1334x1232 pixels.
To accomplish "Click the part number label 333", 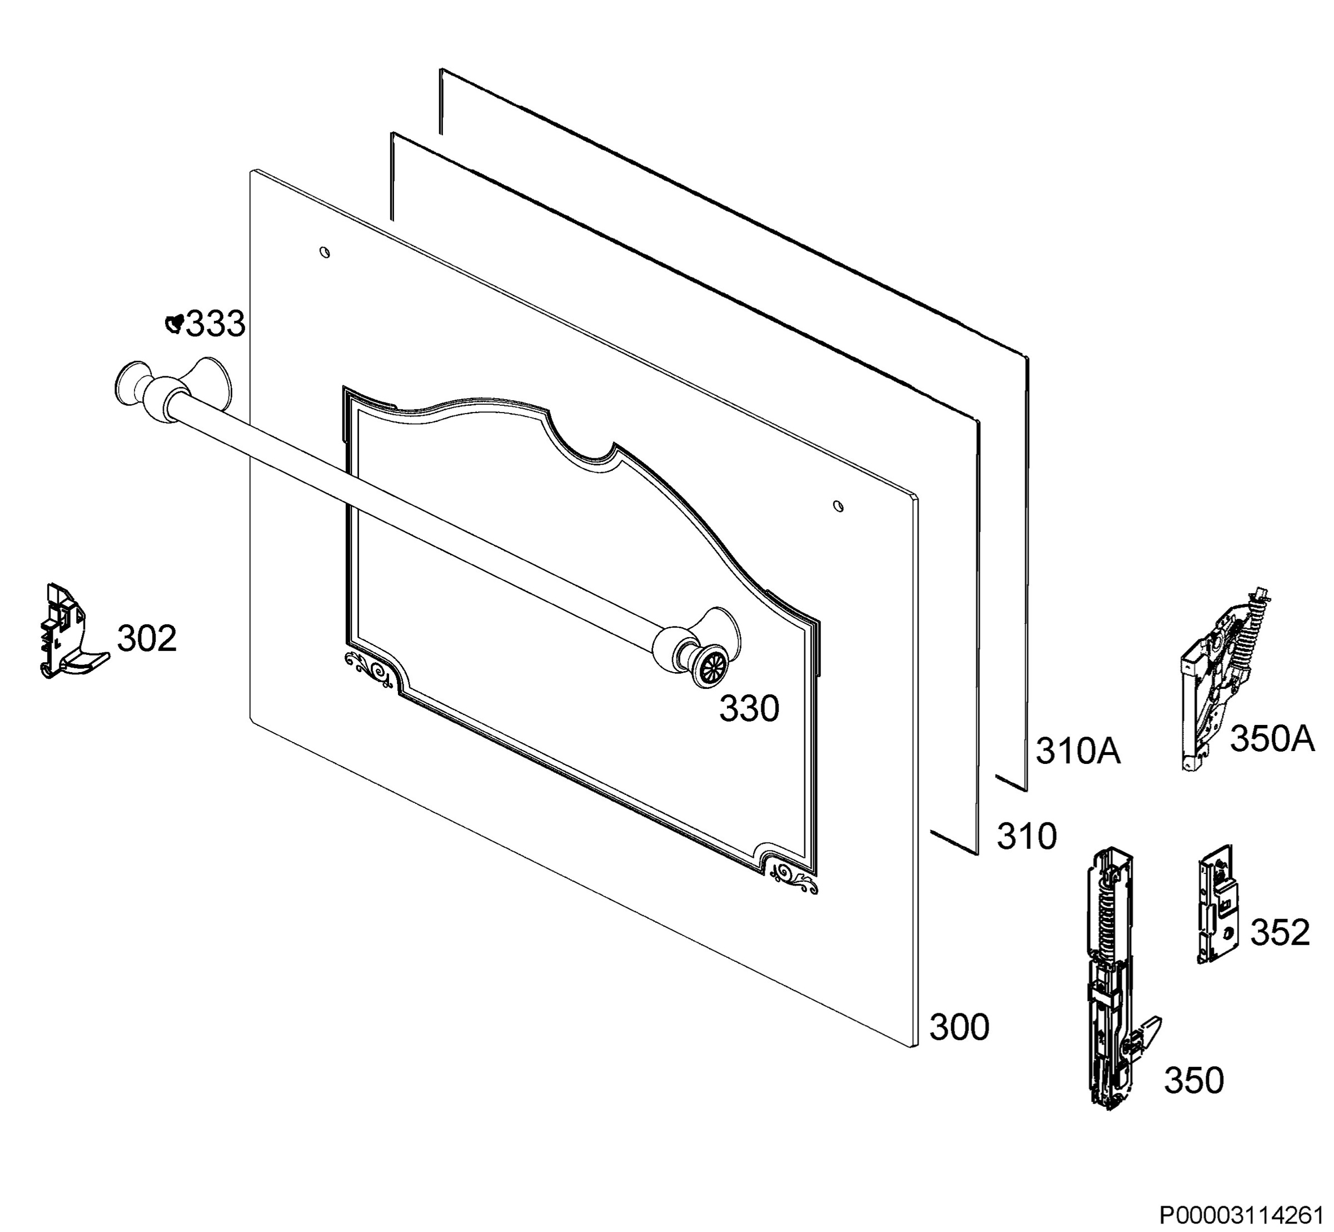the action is (x=215, y=325).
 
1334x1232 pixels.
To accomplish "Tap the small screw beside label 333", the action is (x=175, y=324).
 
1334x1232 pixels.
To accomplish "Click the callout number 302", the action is (x=147, y=638).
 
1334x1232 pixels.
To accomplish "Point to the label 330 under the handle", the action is (x=749, y=709).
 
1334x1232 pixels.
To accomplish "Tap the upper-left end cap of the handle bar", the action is (x=131, y=385).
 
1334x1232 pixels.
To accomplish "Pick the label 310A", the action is (x=1078, y=751).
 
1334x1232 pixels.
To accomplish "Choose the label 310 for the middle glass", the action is (x=1027, y=836).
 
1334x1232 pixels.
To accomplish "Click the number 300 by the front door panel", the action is (x=959, y=1027).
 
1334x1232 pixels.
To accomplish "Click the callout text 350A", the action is (x=1272, y=739).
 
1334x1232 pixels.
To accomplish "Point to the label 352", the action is (x=1280, y=932).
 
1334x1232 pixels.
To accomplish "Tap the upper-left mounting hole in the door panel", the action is (x=325, y=252).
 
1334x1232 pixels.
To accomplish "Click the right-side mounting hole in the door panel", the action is (x=839, y=506).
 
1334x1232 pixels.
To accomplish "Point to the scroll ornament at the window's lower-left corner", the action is (x=367, y=669).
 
